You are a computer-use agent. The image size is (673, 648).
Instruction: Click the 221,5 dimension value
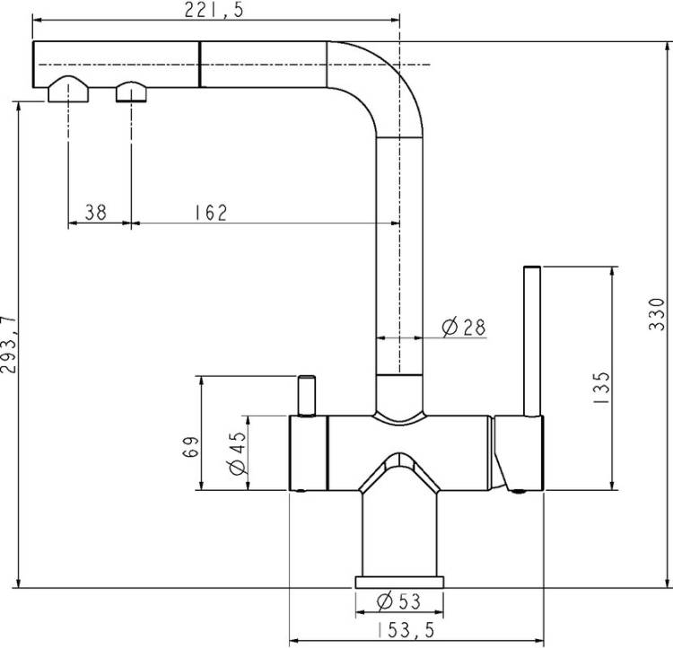click(214, 10)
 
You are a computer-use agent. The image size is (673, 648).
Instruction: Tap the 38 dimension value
click(95, 212)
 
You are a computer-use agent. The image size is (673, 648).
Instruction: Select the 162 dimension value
click(211, 213)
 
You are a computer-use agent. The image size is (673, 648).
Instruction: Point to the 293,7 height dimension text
click(9, 345)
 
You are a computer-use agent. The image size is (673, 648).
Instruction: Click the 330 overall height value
click(657, 314)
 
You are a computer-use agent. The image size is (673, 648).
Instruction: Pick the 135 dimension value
click(601, 388)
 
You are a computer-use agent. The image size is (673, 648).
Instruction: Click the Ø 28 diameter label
click(464, 328)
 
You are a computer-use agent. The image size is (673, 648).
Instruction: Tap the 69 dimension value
click(190, 447)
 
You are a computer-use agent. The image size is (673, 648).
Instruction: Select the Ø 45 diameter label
click(238, 452)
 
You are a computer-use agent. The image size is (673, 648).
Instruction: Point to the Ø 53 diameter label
click(398, 601)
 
